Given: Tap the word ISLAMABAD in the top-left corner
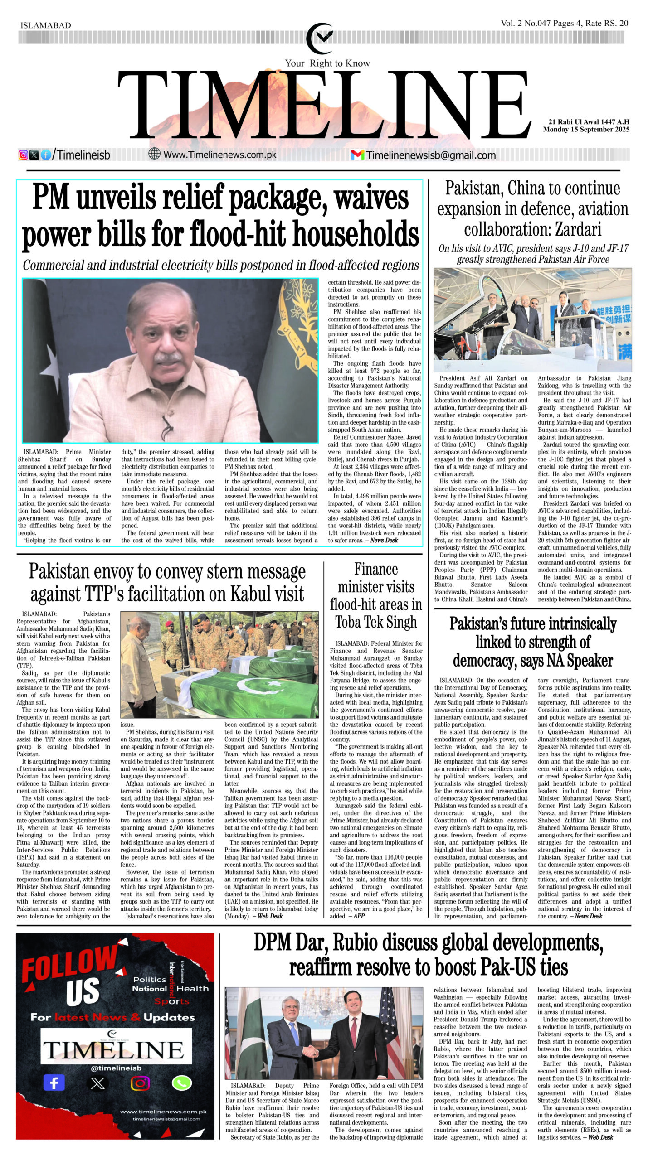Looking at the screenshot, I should (x=46, y=25).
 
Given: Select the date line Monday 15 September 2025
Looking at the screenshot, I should (x=586, y=130).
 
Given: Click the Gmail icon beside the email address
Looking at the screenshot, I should (x=357, y=155).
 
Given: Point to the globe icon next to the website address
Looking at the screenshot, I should (x=155, y=154).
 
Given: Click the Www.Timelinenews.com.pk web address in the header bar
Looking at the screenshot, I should (x=219, y=155).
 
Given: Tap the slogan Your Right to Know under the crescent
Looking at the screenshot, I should (x=327, y=63).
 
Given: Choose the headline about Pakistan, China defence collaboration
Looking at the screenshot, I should (x=532, y=208).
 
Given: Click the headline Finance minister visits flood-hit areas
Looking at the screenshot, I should (x=376, y=595).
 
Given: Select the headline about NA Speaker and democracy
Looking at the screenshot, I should (x=532, y=642).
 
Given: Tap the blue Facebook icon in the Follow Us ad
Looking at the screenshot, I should (x=54, y=1083).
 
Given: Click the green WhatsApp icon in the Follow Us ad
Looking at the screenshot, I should (x=182, y=1083).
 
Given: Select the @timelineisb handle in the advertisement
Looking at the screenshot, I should (x=116, y=1068).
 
